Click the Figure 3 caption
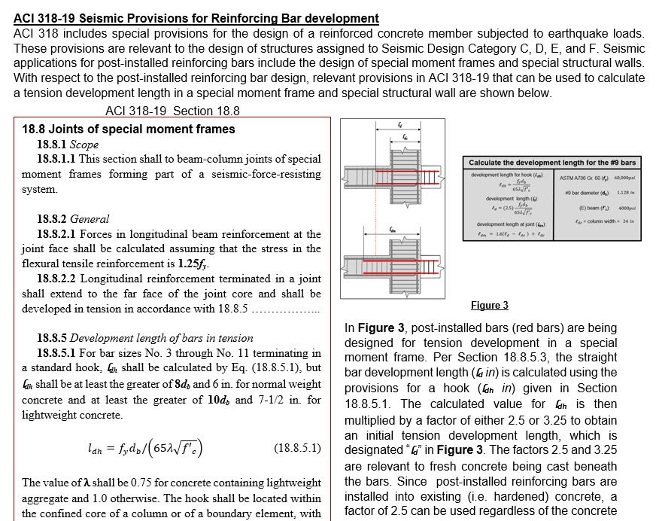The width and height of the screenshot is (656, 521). click(x=489, y=305)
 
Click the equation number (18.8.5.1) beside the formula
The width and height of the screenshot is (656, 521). click(x=298, y=448)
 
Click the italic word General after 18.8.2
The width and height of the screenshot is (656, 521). click(x=90, y=219)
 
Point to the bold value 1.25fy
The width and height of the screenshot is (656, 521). click(x=194, y=264)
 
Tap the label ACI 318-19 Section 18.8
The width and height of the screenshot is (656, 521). click(x=172, y=111)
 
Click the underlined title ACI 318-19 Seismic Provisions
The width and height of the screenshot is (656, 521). click(x=196, y=18)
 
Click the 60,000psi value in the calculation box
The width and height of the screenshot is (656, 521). click(x=621, y=178)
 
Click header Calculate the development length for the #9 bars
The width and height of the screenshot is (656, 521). click(x=551, y=163)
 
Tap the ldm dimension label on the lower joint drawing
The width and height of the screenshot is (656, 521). click(x=393, y=229)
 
